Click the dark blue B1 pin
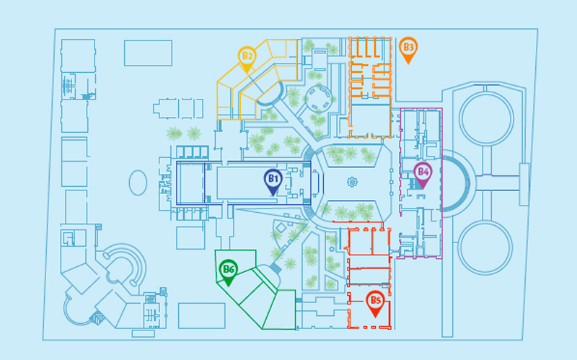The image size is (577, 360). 273,183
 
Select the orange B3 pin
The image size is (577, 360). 408,50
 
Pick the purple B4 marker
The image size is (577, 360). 423,175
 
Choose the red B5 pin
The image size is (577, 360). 375,304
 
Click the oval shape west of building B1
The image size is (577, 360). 138,183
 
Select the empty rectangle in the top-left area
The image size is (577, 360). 148,53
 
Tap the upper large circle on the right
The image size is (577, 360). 486,118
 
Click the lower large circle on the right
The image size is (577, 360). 485,247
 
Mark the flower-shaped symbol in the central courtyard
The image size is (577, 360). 352,182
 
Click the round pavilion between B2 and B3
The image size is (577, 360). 318,98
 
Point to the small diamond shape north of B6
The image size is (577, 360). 281,228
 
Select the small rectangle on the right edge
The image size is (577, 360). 524,185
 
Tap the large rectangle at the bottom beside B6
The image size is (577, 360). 202,315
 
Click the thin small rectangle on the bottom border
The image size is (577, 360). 143,333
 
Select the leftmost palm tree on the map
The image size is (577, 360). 174,133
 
